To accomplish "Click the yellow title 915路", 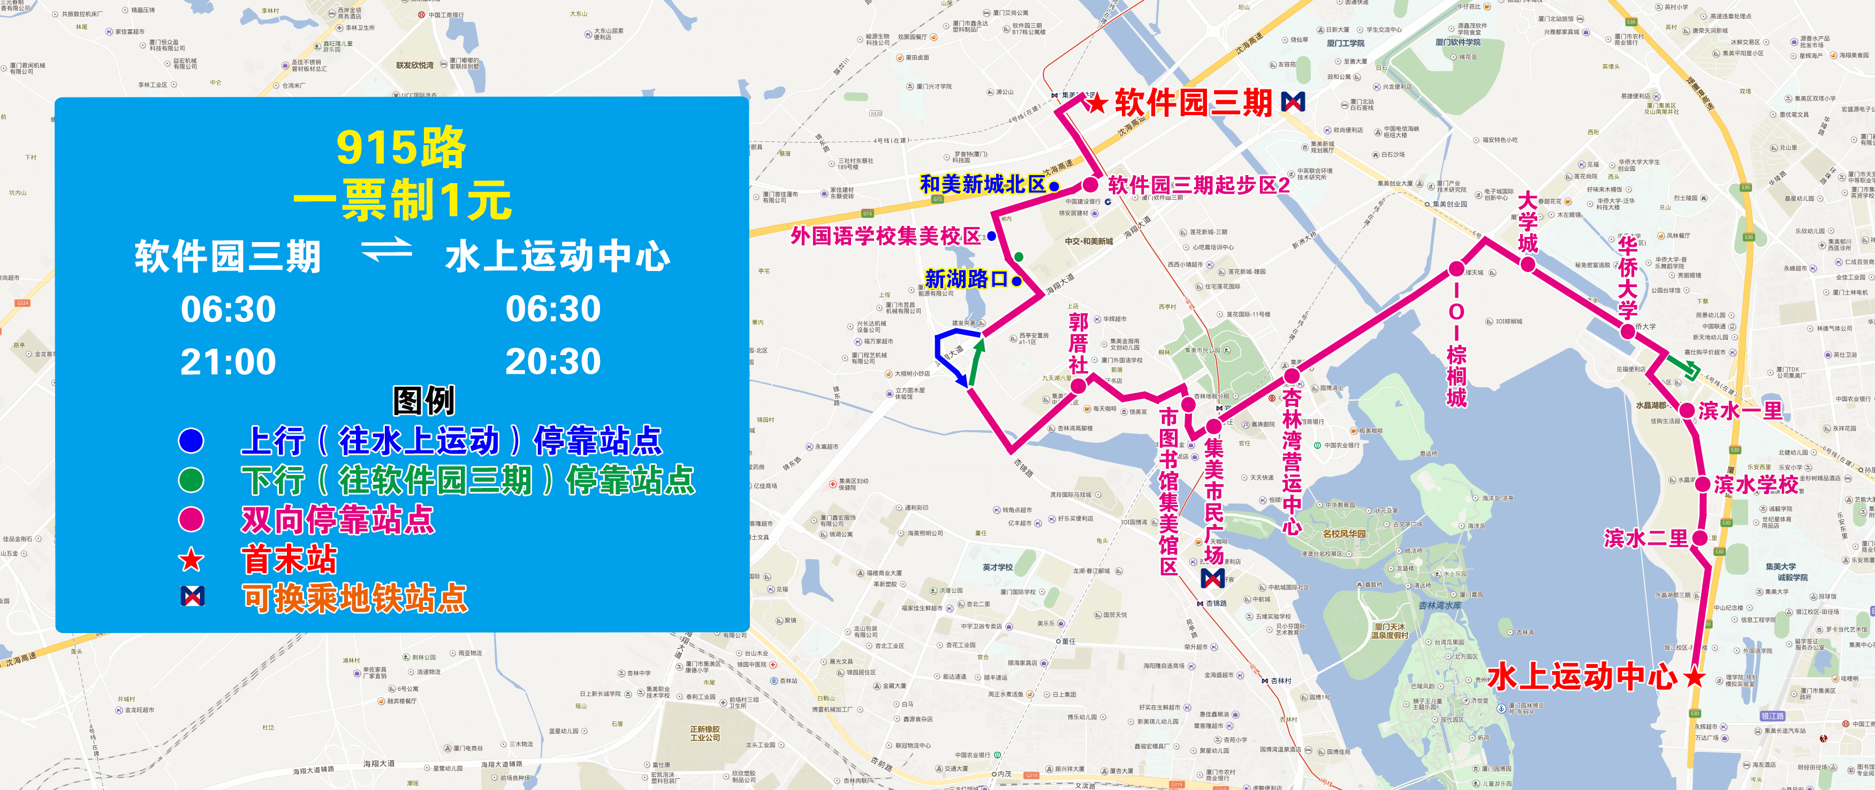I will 401,147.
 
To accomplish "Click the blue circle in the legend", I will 191,440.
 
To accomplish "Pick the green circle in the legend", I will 191,480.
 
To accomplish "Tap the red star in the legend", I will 191,560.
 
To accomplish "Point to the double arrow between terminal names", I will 386,251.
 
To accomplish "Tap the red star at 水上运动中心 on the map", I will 1695,677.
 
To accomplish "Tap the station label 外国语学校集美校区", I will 885,236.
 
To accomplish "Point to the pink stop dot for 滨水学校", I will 1703,484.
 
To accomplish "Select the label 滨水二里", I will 1645,538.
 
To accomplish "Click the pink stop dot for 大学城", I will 1528,264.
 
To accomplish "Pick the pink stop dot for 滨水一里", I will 1687,410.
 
